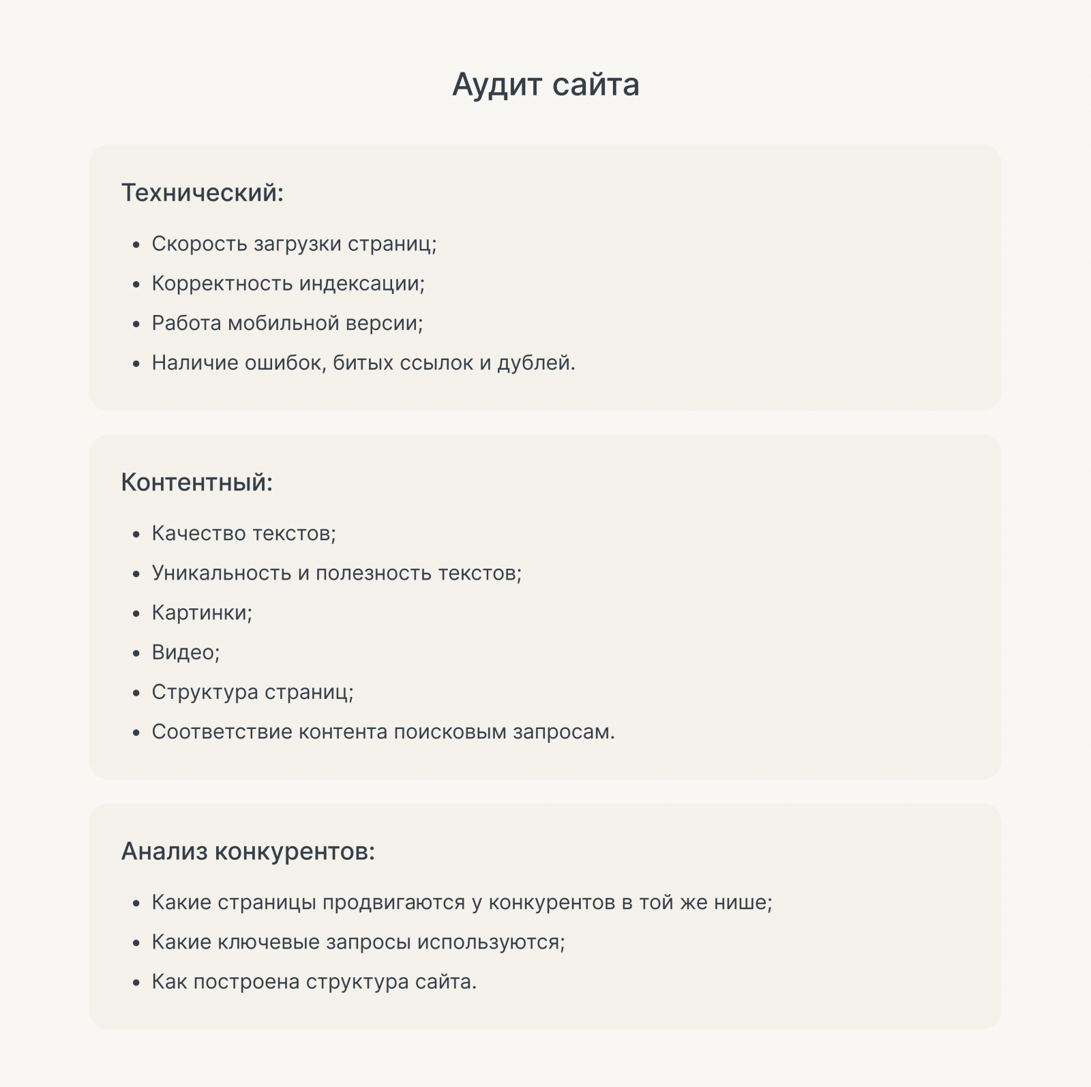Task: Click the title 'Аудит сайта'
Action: click(x=545, y=85)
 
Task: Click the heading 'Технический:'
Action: click(x=202, y=193)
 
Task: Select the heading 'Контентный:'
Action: click(x=196, y=482)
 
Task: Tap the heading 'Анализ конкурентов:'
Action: click(x=248, y=851)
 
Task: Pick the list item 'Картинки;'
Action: click(x=202, y=612)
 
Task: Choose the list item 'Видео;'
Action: click(x=185, y=653)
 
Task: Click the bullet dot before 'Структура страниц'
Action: click(x=136, y=694)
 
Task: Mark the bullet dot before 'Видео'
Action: click(x=136, y=654)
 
